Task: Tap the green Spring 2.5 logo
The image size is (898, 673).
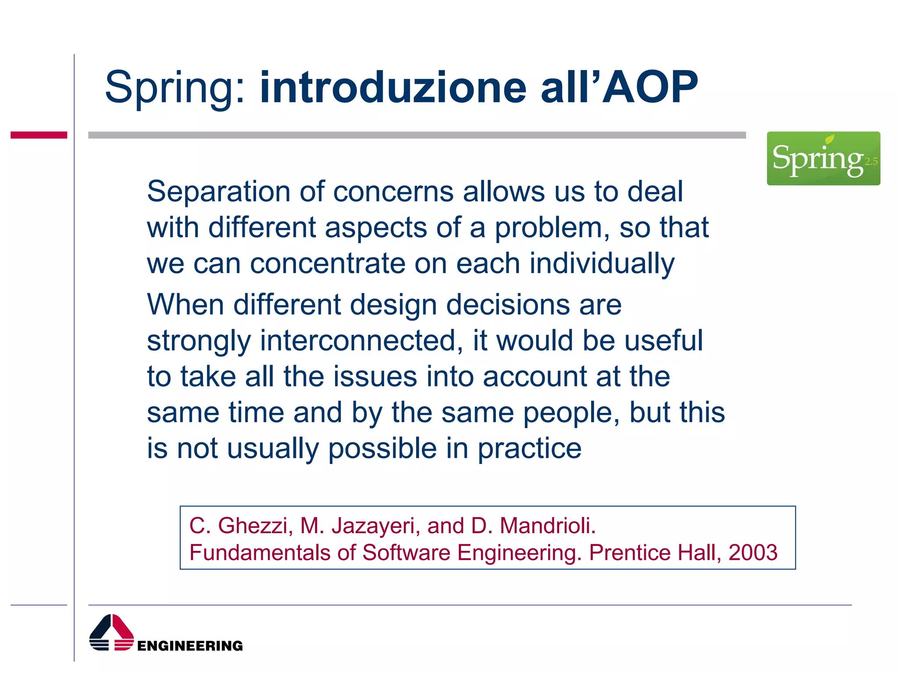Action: point(823,158)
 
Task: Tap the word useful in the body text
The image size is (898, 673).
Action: point(663,340)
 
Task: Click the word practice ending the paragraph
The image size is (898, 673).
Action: point(529,449)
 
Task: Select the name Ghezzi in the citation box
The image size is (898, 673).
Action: point(255,526)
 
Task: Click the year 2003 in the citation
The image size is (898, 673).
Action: point(753,553)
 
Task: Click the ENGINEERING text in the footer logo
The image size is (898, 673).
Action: point(190,646)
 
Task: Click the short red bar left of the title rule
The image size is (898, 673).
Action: point(39,135)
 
